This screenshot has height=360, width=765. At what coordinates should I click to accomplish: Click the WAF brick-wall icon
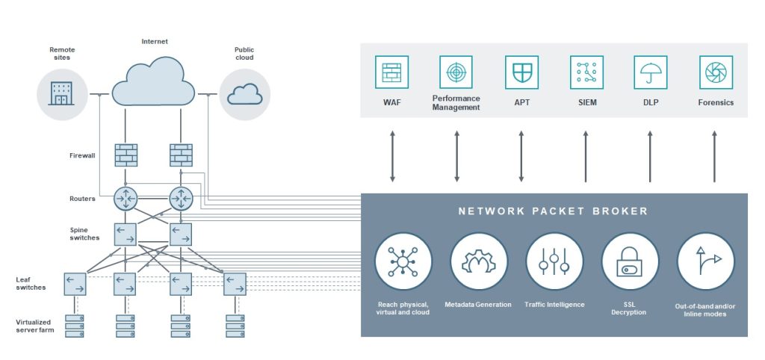tap(391, 72)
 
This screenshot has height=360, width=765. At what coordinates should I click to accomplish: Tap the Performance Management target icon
tap(456, 72)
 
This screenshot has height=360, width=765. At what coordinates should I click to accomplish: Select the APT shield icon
tap(521, 72)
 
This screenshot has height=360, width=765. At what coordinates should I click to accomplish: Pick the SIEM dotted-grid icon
tap(586, 72)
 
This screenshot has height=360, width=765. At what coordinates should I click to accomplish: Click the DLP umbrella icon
tap(651, 72)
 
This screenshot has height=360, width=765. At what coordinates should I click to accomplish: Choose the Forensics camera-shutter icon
tap(716, 72)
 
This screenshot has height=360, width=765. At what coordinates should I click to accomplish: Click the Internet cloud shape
tap(153, 81)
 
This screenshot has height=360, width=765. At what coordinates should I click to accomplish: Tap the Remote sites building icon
tap(61, 93)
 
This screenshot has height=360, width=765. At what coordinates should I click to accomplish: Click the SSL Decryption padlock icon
tap(629, 261)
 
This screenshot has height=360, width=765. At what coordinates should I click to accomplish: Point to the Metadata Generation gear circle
tap(479, 261)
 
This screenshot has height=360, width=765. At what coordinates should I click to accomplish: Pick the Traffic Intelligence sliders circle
tap(554, 261)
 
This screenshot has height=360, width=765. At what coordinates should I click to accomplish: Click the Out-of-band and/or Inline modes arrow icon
tap(706, 261)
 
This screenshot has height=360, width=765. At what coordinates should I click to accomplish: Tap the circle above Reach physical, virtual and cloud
tap(403, 261)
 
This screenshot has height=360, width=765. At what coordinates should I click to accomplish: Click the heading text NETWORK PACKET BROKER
tap(554, 211)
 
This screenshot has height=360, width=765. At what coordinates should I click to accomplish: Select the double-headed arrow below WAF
tap(392, 156)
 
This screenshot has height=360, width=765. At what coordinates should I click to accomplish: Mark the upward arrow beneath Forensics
tap(714, 156)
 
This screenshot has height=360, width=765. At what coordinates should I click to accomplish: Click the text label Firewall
tap(82, 156)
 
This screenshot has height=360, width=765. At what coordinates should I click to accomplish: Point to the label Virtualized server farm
tap(35, 326)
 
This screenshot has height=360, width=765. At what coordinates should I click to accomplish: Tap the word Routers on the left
tap(82, 199)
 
